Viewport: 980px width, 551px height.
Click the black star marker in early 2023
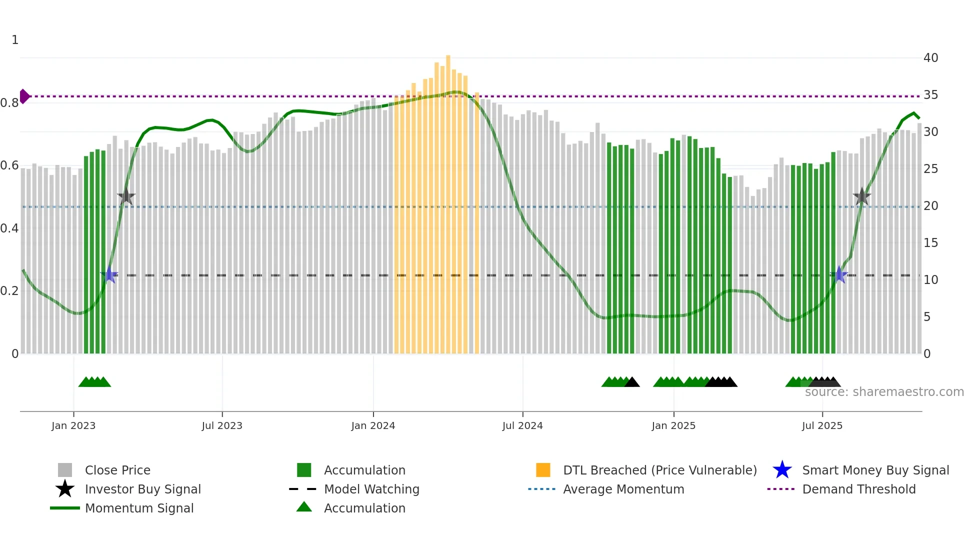126,196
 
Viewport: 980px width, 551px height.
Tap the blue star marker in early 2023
109,275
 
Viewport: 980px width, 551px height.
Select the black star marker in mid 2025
861,196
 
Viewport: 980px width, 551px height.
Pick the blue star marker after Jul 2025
839,275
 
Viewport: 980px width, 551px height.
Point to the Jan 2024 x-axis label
373,425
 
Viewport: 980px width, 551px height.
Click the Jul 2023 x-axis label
222,425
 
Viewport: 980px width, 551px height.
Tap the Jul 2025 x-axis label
822,425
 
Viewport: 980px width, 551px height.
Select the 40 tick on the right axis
930,58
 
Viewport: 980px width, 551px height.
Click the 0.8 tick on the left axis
9,103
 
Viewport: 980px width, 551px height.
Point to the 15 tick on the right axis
930,243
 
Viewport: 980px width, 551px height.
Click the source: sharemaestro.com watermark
884,392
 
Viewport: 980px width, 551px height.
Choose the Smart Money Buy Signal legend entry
875,470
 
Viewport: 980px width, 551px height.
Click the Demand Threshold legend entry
858,489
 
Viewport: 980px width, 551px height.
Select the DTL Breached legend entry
659,470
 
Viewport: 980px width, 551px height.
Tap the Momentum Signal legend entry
139,508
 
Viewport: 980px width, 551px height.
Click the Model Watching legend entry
371,489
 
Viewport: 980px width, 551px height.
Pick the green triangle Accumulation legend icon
304,507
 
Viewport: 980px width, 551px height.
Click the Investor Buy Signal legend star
65,489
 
